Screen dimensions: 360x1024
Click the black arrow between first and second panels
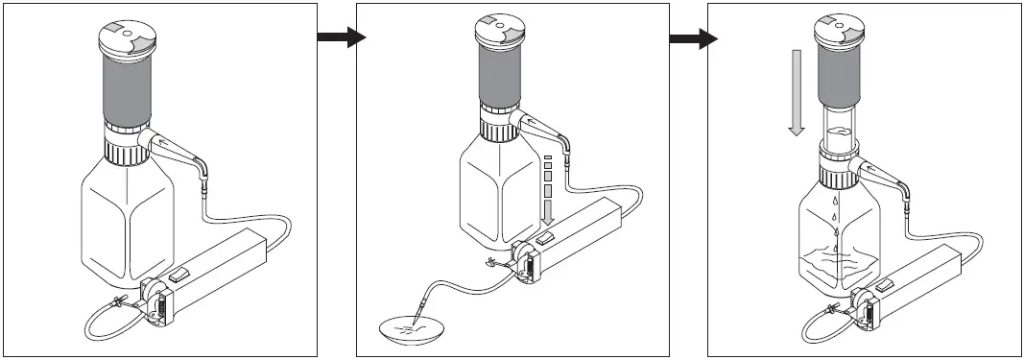pyautogui.click(x=341, y=37)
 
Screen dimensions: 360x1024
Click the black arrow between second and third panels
pyautogui.click(x=693, y=38)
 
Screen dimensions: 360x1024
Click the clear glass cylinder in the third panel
pyautogui.click(x=842, y=130)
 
